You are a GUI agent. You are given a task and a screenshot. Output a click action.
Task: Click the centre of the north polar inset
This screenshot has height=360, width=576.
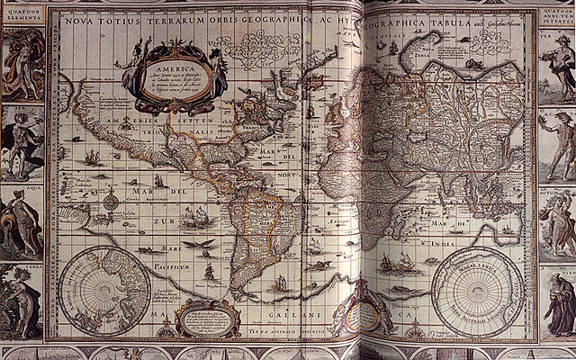tap(107, 290)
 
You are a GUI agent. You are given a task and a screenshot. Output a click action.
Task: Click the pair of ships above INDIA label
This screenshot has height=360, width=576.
tap(397, 262)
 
